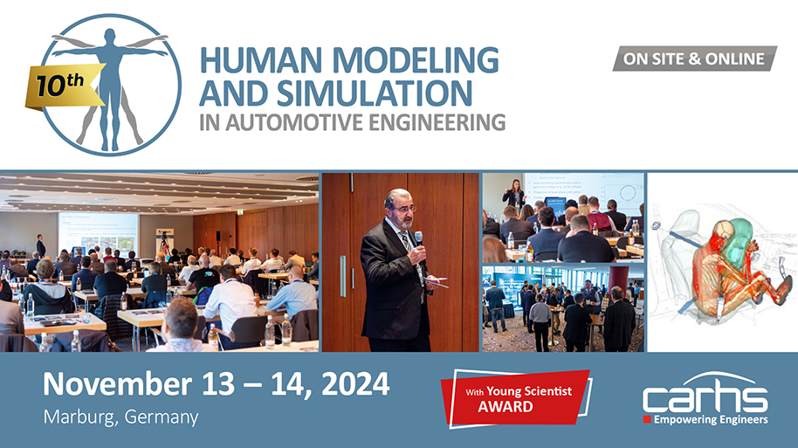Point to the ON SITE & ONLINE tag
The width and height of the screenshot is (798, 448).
pyautogui.click(x=693, y=59)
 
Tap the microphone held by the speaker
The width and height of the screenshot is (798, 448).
pyautogui.click(x=419, y=238)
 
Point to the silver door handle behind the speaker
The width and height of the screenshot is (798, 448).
pyautogui.click(x=342, y=276)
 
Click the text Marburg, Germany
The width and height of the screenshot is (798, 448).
pyautogui.click(x=120, y=417)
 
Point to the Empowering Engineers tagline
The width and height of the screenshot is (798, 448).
pyautogui.click(x=711, y=420)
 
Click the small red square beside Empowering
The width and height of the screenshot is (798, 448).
pyautogui.click(x=647, y=420)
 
